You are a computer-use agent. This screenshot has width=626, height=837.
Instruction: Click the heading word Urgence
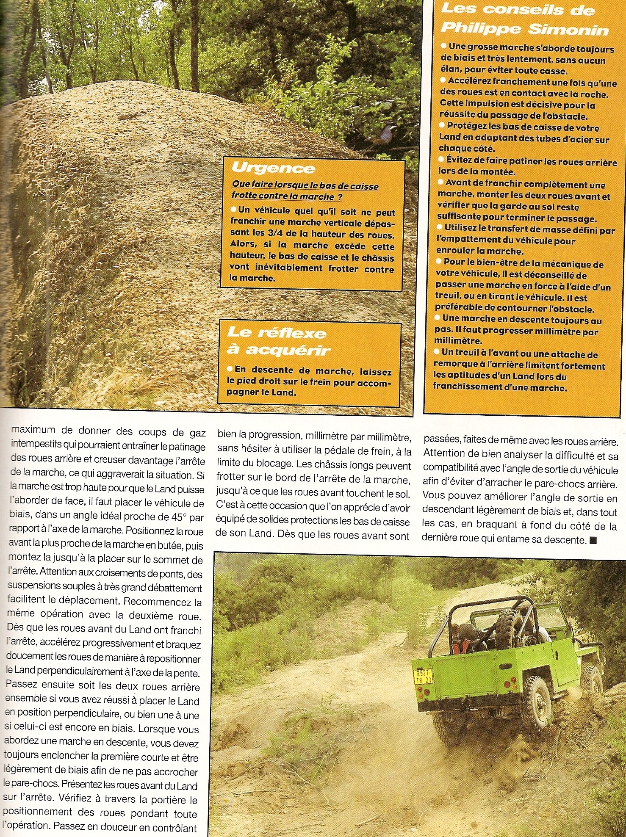point(273,168)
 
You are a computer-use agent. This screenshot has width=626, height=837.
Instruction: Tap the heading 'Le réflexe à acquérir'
point(277,341)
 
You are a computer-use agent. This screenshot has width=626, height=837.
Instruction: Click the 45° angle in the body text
point(183,518)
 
